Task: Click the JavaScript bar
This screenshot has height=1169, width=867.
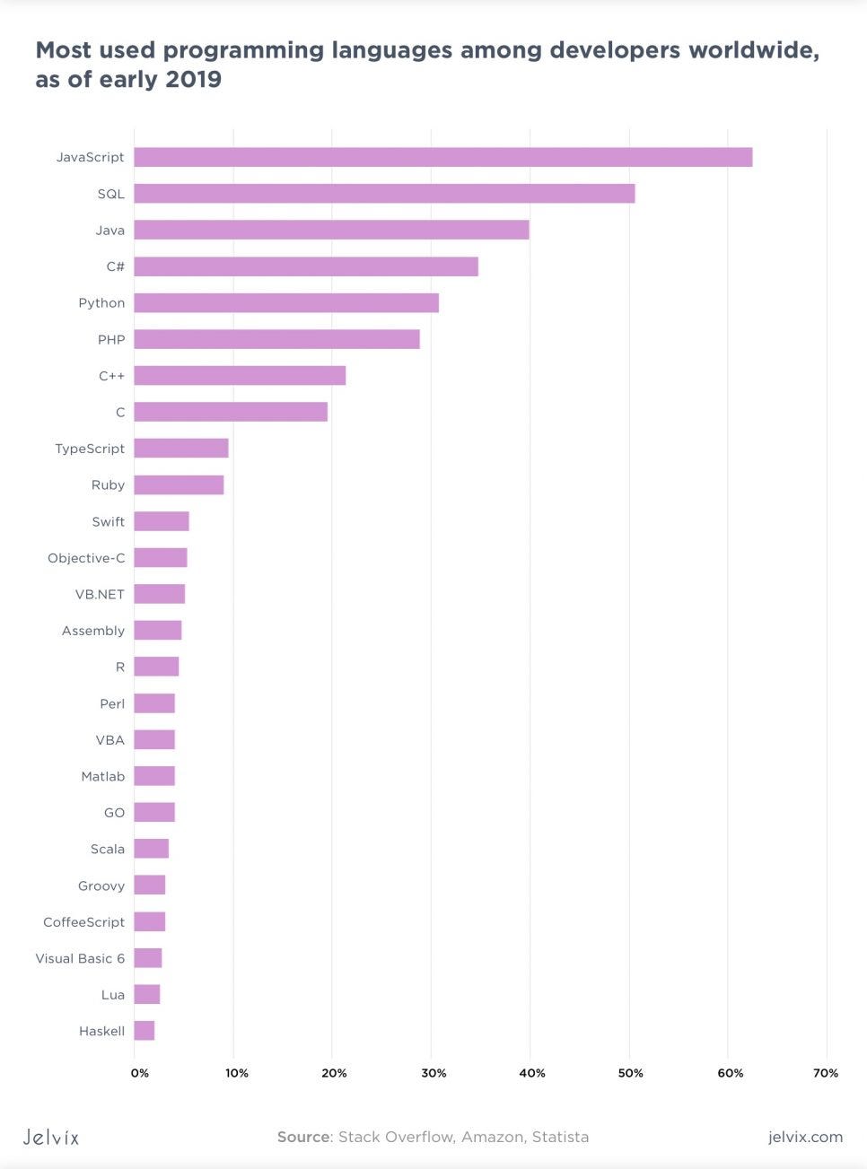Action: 442,157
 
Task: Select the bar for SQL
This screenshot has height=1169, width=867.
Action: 384,194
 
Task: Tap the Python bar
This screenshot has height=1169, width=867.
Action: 286,303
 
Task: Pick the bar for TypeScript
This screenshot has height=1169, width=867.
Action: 181,449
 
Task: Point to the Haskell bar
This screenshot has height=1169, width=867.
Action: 144,1031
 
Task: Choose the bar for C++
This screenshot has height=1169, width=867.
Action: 240,376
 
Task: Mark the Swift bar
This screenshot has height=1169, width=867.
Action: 162,521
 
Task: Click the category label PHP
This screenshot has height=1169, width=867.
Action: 111,340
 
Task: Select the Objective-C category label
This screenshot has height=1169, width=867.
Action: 86,558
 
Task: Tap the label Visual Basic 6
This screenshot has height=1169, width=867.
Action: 80,958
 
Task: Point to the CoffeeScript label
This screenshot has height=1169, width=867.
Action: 83,922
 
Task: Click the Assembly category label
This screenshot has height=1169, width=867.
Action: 93,631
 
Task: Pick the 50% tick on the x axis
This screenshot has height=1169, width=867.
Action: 630,1073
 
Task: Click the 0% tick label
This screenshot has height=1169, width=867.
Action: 140,1073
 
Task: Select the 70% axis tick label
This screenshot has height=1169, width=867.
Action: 826,1073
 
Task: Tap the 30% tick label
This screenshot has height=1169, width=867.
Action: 433,1073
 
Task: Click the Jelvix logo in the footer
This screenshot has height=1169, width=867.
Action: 51,1138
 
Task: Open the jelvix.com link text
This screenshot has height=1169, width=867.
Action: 805,1137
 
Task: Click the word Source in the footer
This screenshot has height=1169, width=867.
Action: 303,1137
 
